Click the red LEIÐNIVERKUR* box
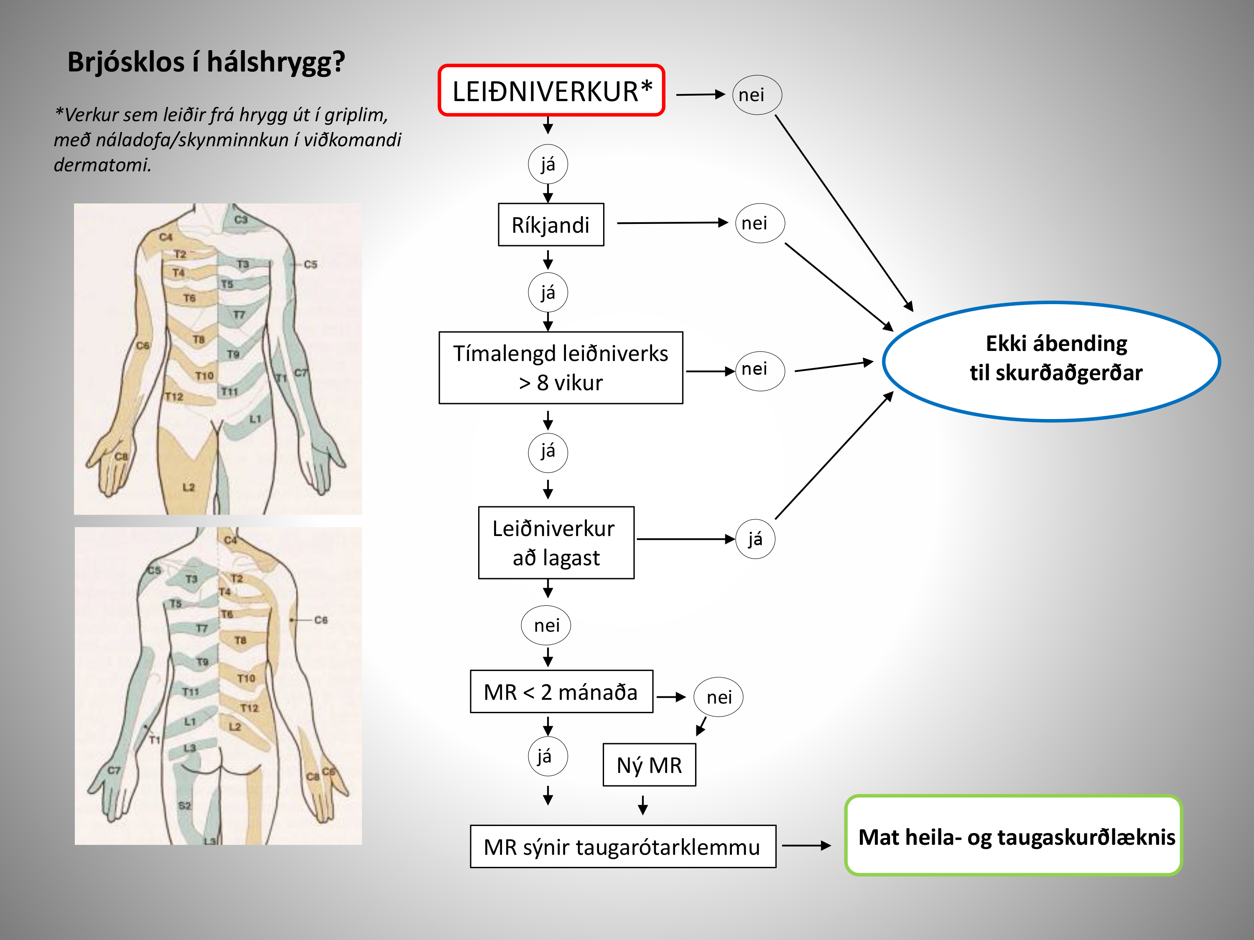coord(551,91)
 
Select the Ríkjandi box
coord(551,225)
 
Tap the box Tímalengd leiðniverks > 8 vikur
coord(560,368)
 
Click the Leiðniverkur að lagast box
coord(556,542)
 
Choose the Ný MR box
coord(649,765)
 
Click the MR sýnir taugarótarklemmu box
coord(622,846)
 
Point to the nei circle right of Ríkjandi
coord(759,223)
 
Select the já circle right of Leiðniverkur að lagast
coord(754,539)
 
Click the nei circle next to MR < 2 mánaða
coord(718,697)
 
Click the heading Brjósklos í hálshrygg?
coord(206,62)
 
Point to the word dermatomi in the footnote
coord(102,165)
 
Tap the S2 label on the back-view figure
coord(185,805)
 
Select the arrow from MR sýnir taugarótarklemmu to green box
coord(806,846)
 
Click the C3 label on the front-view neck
coord(241,219)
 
